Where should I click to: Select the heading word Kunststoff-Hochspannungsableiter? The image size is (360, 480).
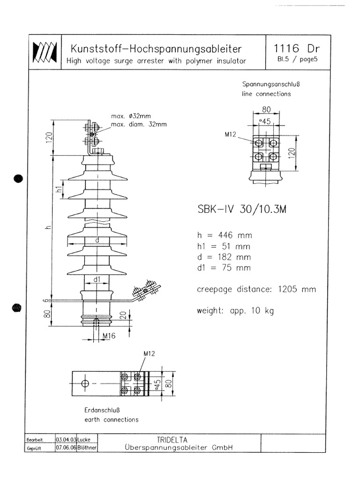[156, 49]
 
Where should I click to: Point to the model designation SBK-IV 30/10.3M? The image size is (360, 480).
[242, 210]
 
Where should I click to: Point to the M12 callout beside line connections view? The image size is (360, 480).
[230, 135]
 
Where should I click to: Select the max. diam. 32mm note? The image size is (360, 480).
[138, 125]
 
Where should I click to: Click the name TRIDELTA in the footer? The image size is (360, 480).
[180, 440]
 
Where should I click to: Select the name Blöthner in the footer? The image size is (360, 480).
[87, 448]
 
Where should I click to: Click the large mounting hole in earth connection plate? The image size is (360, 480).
[85, 384]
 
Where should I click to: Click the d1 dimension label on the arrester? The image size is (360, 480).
[97, 280]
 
